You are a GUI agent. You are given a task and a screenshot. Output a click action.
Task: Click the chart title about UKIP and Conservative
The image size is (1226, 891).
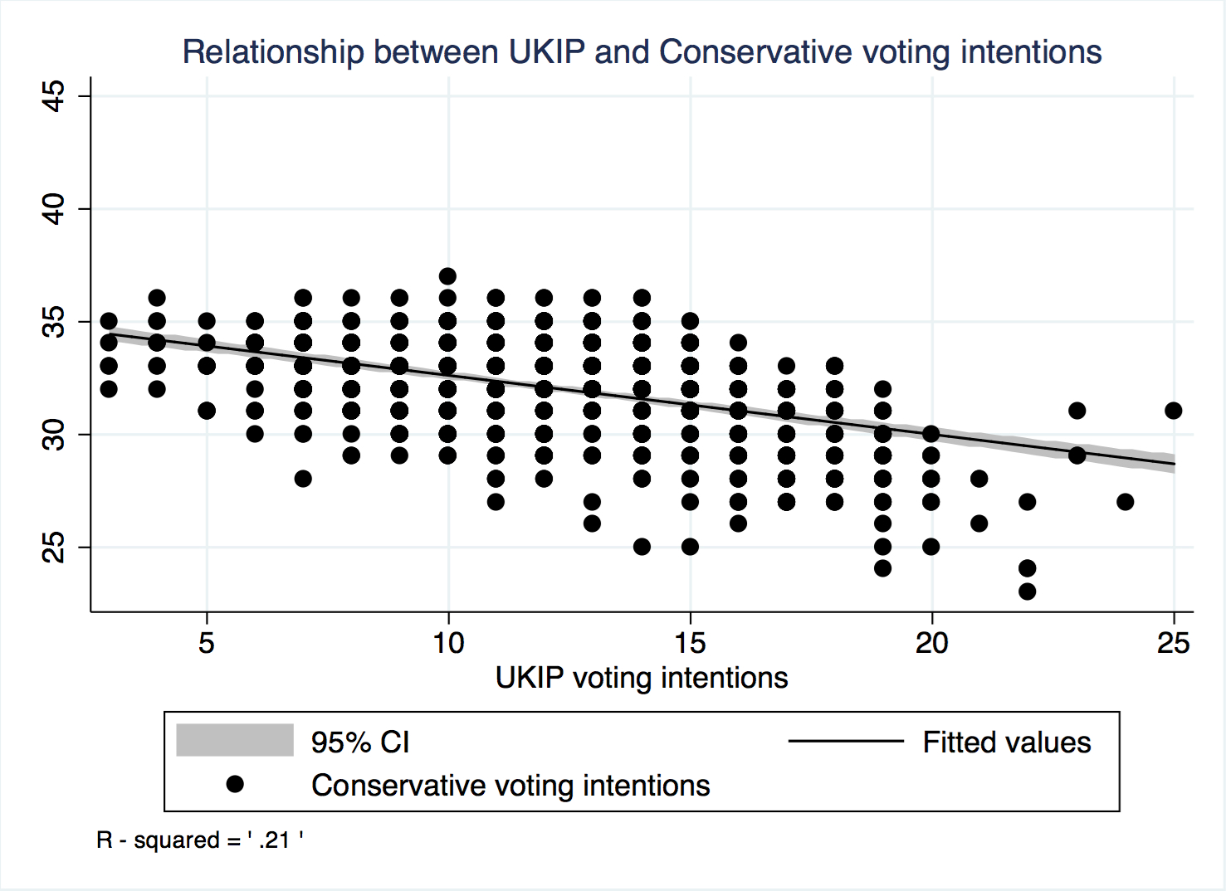coord(642,52)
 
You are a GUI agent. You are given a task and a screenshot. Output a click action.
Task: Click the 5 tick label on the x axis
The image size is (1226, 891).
coord(207,642)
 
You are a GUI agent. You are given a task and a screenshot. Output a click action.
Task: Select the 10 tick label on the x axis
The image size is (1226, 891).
coord(448,642)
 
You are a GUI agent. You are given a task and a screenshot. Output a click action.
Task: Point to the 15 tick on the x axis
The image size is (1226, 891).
coord(690,642)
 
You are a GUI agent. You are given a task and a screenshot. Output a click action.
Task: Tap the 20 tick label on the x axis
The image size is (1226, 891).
coord(931,642)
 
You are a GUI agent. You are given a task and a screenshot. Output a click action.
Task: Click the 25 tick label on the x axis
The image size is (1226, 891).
coord(1173,642)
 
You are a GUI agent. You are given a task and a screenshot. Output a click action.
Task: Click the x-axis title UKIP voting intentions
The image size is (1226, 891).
coord(642,678)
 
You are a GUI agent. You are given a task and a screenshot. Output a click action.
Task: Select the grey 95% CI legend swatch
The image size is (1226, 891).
coord(235,740)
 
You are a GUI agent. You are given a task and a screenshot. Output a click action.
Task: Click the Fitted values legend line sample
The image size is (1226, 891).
coord(845,741)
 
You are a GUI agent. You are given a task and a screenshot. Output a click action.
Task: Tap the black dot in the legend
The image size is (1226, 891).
coord(235,784)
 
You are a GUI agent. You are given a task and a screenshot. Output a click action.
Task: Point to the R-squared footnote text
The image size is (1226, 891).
coord(200,840)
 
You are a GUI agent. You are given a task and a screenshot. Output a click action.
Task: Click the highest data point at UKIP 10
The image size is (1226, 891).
coord(447,276)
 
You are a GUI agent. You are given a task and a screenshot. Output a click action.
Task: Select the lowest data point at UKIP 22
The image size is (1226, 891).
coord(1027,592)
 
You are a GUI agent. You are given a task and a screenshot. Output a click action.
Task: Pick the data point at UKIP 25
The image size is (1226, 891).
coord(1173,411)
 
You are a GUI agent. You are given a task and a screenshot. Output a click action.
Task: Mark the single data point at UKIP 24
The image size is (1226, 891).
coord(1125,502)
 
